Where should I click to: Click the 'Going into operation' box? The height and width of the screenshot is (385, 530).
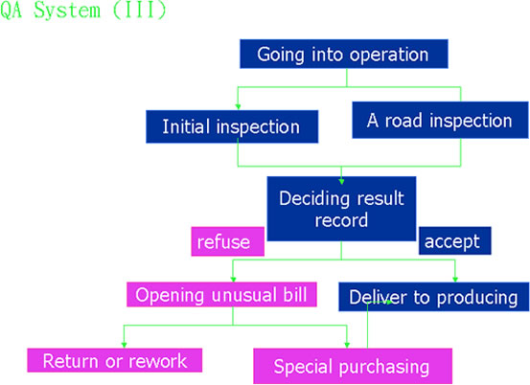coord(344,54)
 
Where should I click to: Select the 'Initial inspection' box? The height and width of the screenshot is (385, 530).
coord(232,126)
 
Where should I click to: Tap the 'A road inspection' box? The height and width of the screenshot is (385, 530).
coord(440,121)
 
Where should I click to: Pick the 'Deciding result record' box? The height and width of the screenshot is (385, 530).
coord(341,209)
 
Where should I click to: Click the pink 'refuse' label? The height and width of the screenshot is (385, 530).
coord(228,241)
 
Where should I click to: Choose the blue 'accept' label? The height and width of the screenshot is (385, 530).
coord(455,240)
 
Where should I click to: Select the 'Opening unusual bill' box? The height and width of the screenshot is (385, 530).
coord(221,294)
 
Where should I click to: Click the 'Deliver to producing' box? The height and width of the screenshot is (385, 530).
coord(433,297)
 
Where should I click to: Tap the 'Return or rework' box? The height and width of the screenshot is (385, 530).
coord(115,360)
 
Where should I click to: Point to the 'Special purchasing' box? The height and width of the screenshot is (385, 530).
coord(353,366)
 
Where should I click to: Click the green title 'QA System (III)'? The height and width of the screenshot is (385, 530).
coord(83,11)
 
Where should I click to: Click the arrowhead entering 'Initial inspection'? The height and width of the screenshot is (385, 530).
coord(238,107)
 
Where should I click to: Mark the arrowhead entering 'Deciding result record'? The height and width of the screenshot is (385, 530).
coord(341,182)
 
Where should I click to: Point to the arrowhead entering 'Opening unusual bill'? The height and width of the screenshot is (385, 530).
coord(233,280)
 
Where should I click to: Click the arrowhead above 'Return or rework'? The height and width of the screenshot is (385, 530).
coord(124,345)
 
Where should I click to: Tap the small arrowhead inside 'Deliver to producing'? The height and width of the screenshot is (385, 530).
coord(389,302)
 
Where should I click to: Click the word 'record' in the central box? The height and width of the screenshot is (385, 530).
coord(341,220)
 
